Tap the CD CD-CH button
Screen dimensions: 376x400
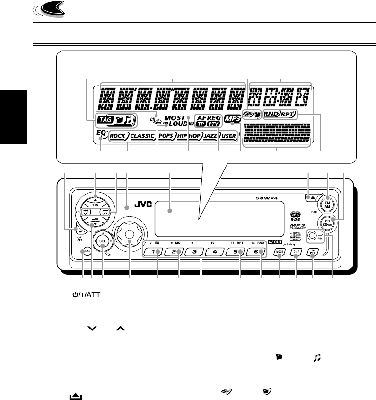(325, 222)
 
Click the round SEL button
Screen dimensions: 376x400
(102, 241)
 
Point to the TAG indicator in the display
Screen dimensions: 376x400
(104, 121)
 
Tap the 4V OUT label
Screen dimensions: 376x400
(275, 242)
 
